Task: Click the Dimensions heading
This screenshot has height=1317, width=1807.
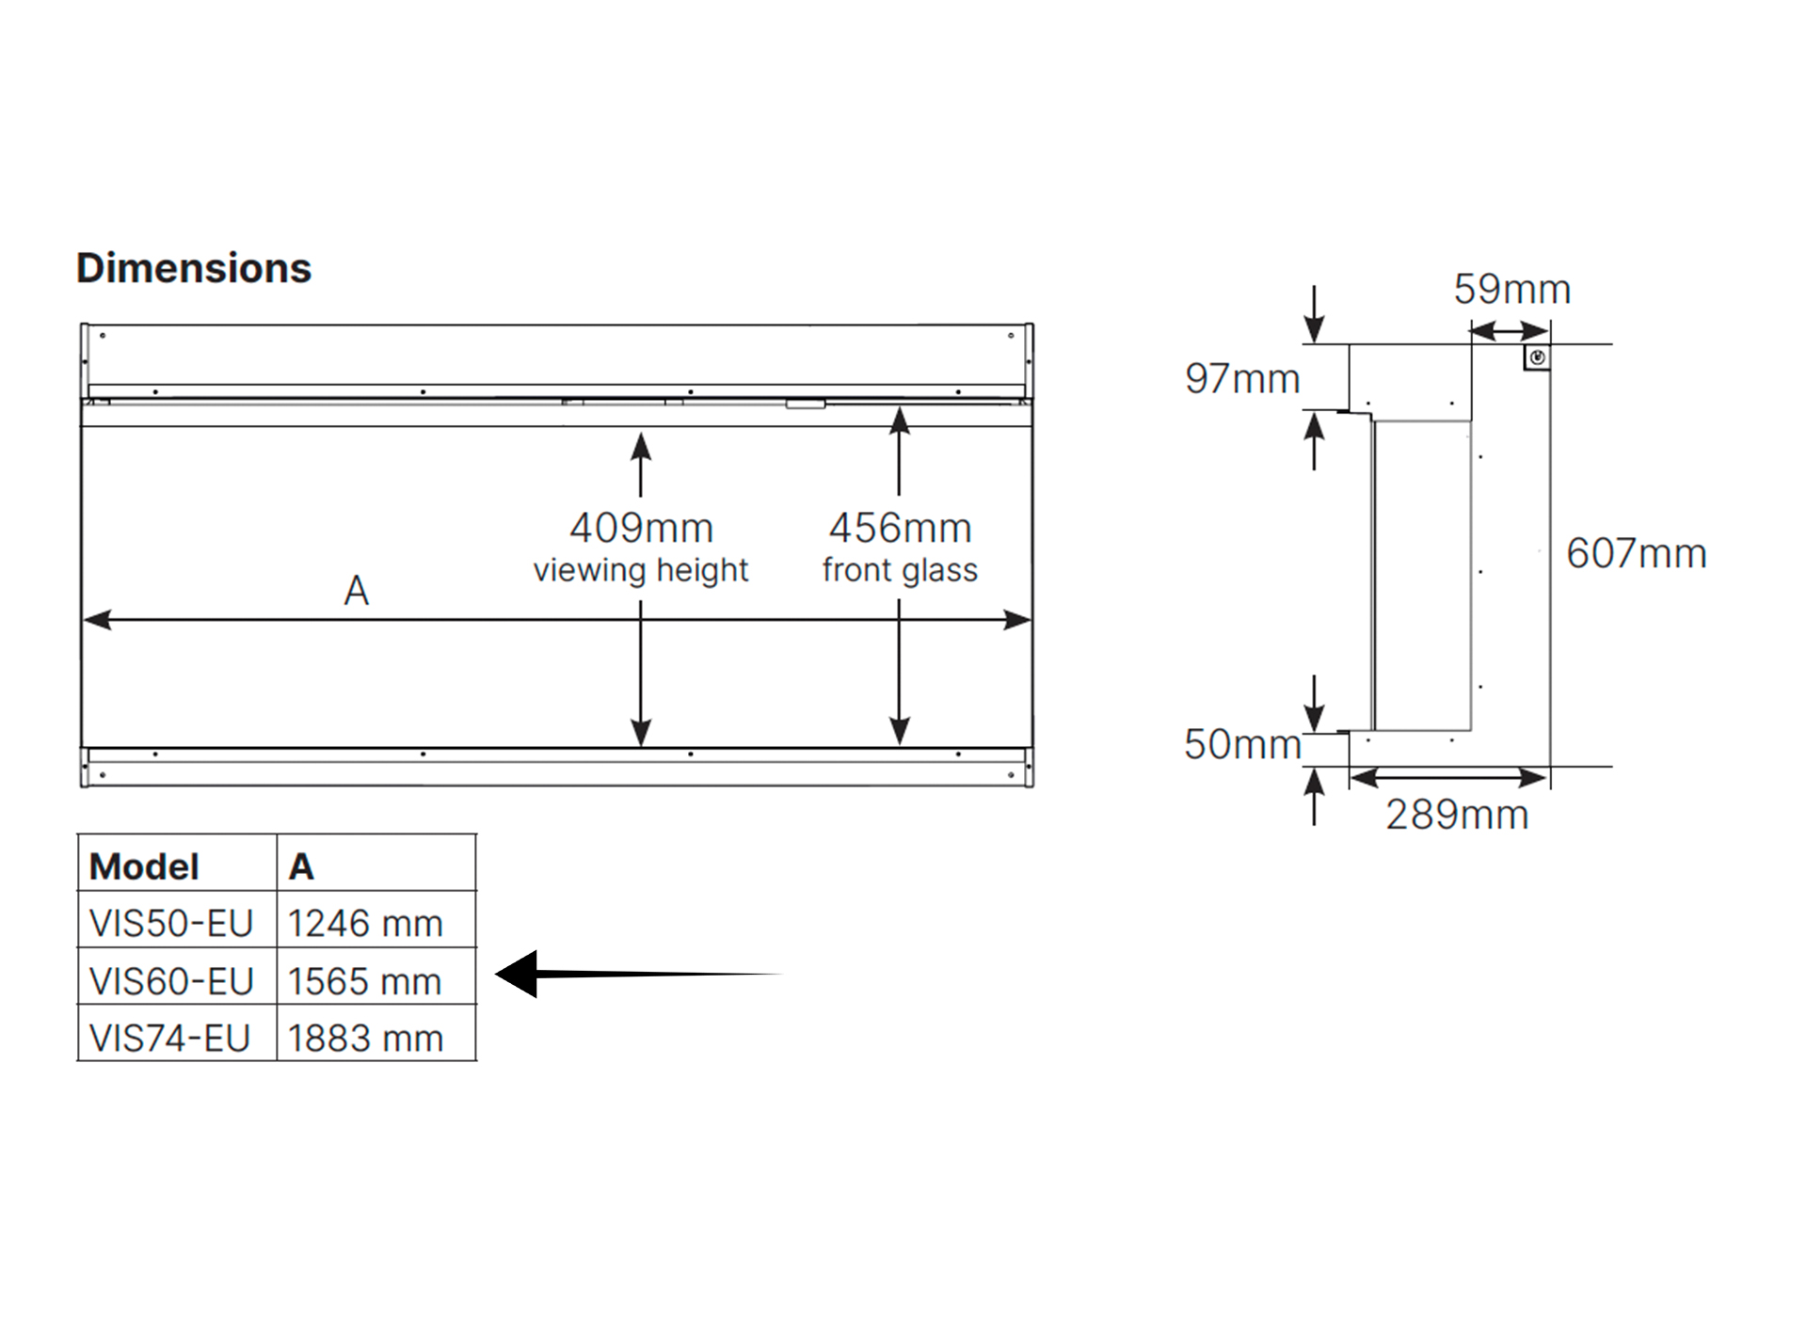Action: pyautogui.click(x=194, y=268)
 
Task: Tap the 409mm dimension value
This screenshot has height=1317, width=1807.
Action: pyautogui.click(x=642, y=528)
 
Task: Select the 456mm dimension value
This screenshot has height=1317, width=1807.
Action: pyautogui.click(x=900, y=528)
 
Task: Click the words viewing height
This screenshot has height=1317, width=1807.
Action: pyautogui.click(x=641, y=570)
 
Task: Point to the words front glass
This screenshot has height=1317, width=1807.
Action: pyautogui.click(x=900, y=570)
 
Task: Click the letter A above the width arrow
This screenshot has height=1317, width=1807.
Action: pyautogui.click(x=357, y=591)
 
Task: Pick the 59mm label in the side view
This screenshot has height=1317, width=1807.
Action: pyautogui.click(x=1512, y=289)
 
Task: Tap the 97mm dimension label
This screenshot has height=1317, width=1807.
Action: pyautogui.click(x=1242, y=378)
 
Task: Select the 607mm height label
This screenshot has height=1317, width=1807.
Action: pyautogui.click(x=1637, y=553)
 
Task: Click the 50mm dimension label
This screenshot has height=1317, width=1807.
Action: pyautogui.click(x=1242, y=744)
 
